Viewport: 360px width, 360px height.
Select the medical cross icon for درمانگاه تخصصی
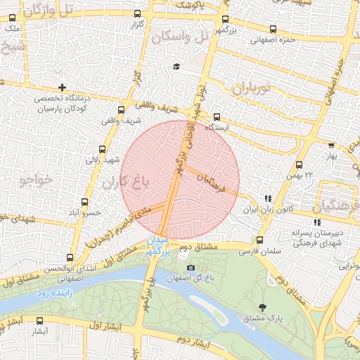click(63, 88)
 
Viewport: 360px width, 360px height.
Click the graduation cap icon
click(176, 67)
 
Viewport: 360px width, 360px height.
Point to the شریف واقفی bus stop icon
click(121, 110)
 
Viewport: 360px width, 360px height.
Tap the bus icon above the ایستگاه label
click(216, 117)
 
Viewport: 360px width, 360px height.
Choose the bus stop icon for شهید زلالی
click(103, 149)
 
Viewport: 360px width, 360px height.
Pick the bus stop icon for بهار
click(331, 145)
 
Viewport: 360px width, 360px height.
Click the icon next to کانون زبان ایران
click(267, 199)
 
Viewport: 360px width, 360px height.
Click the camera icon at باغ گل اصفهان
click(191, 267)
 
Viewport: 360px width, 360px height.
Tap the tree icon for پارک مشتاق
click(263, 307)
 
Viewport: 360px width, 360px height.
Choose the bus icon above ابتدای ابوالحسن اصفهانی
click(69, 257)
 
